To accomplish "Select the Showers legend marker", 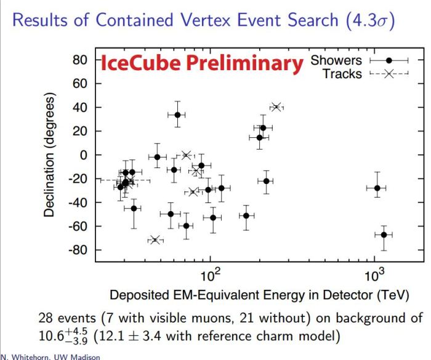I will click(389, 60).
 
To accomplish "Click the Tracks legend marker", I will click(389, 74).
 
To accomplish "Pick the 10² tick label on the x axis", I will click(211, 274).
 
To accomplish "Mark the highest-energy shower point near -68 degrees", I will click(384, 234).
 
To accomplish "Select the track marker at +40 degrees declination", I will click(276, 107).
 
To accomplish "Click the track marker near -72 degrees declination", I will click(155, 239).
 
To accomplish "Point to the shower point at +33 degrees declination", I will click(177, 115).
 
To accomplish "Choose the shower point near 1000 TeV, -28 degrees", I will click(377, 188).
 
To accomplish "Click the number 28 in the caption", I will click(47, 318).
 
